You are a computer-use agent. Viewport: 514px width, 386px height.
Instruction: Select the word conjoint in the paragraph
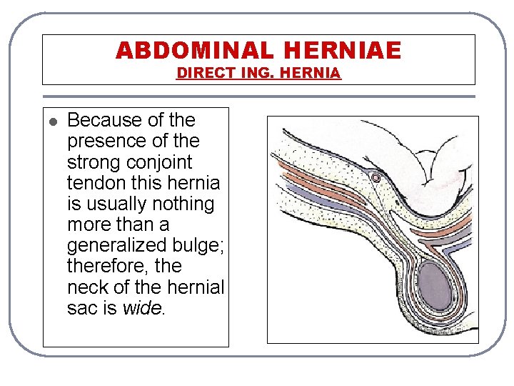(x=162, y=162)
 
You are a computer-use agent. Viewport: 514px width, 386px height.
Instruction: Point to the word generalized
(x=116, y=246)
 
